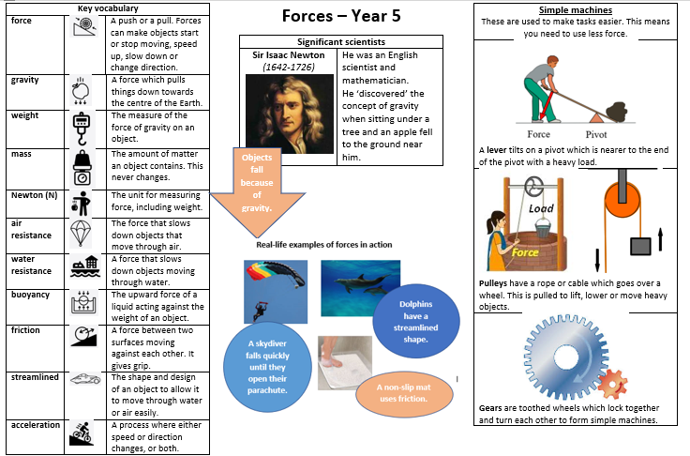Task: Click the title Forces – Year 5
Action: click(x=341, y=16)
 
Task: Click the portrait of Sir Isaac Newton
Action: click(x=289, y=114)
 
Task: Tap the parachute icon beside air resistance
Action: click(x=81, y=233)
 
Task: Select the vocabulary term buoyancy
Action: click(x=30, y=295)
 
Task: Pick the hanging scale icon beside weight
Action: click(x=82, y=129)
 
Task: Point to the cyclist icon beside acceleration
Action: click(x=81, y=433)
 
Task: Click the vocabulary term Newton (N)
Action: click(x=35, y=195)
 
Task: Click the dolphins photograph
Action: click(x=360, y=288)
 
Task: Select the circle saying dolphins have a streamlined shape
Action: click(x=416, y=321)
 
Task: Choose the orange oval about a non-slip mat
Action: click(x=404, y=393)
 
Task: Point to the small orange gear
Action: click(x=612, y=384)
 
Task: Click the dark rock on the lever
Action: click(x=616, y=112)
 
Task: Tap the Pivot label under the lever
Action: click(x=596, y=134)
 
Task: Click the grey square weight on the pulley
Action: click(x=640, y=247)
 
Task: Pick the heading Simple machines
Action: click(x=575, y=10)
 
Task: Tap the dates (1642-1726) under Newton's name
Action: click(x=289, y=67)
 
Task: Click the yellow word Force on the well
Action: click(x=525, y=252)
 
